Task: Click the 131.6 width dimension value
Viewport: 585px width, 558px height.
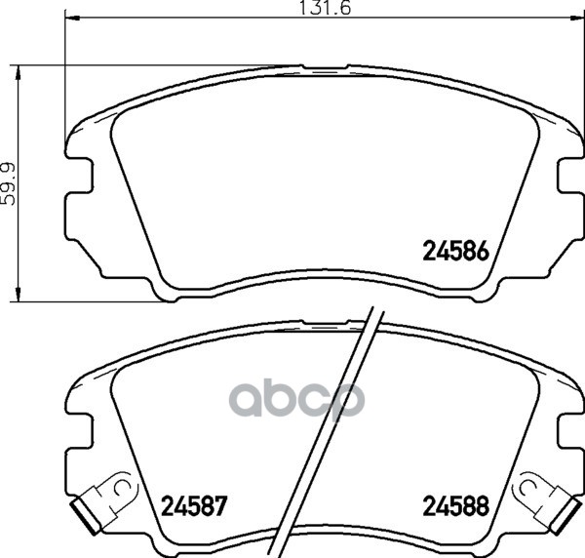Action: [x=326, y=8]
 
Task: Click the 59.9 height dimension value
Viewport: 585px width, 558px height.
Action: [x=8, y=183]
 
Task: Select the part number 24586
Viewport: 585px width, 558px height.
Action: [x=455, y=251]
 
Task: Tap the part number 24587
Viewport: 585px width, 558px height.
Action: [x=194, y=506]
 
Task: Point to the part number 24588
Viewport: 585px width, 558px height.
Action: [x=455, y=506]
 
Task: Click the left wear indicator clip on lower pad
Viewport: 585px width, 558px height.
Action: [x=102, y=501]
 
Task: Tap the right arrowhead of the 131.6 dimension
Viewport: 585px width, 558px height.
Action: [x=577, y=18]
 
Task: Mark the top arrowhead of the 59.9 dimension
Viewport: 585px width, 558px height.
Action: [x=18, y=73]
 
